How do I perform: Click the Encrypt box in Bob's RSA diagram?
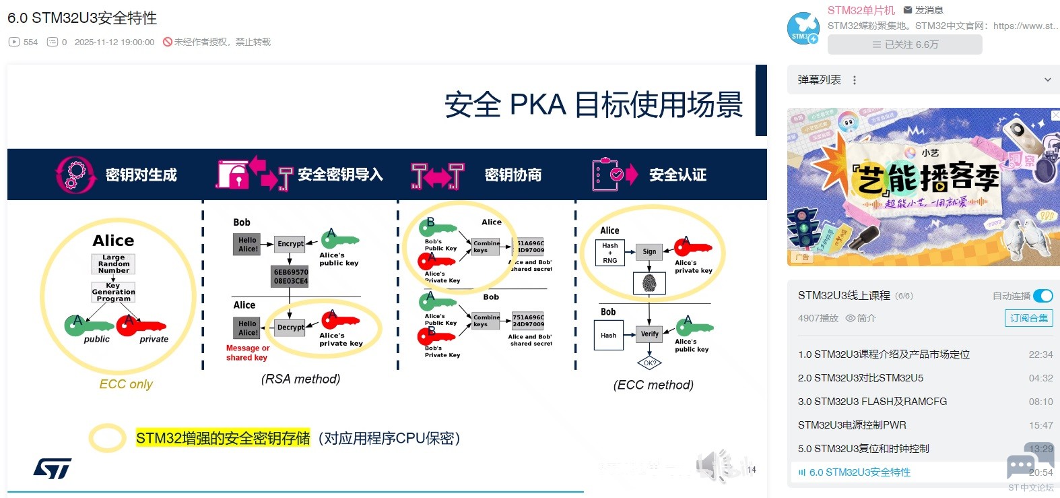[x=290, y=244]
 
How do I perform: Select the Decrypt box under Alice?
[x=290, y=328]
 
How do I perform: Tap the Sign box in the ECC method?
[x=649, y=251]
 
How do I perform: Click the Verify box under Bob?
[x=649, y=334]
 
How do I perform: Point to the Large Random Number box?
[x=113, y=263]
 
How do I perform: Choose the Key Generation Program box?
[x=113, y=292]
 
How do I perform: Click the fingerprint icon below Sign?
[x=649, y=283]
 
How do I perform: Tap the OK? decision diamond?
[x=649, y=363]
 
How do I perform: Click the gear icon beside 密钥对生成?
[x=73, y=175]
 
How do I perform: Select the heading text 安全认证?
[x=677, y=175]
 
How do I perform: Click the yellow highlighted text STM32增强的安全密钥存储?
[x=223, y=438]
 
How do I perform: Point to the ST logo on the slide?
[x=53, y=469]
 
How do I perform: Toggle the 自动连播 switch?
[x=1042, y=296]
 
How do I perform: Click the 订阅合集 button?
[x=1028, y=318]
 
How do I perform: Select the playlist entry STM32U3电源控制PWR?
[x=852, y=425]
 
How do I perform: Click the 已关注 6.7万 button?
[x=904, y=44]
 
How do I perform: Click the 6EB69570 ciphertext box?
[x=290, y=277]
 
